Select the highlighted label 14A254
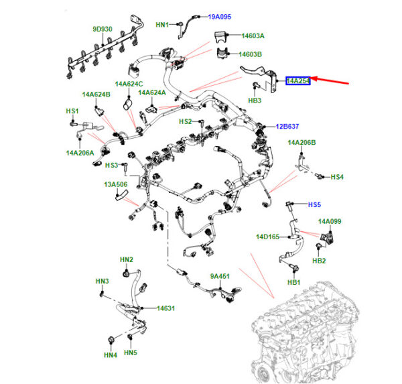[297, 81]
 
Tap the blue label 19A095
[220, 15]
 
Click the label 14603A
[253, 36]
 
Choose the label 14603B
[253, 54]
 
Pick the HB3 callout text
[255, 101]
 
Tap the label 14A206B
[301, 143]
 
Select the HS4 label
[337, 177]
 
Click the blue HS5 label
[314, 204]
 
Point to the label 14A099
[330, 221]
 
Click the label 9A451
[220, 276]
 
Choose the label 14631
[165, 308]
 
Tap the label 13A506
[115, 184]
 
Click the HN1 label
[163, 25]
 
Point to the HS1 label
[72, 111]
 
